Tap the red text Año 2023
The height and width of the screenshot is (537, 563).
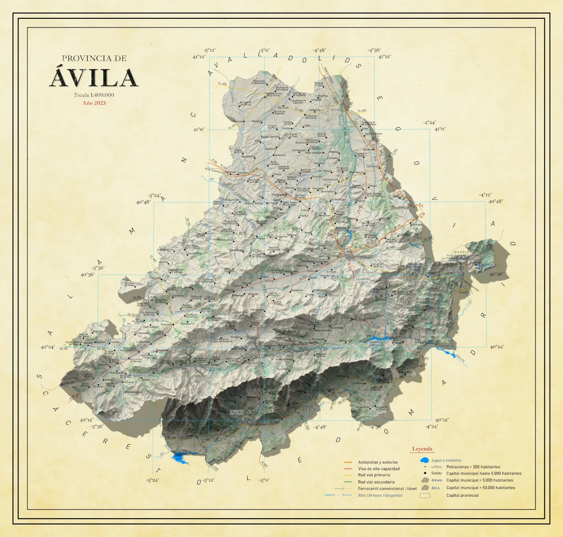pyautogui.click(x=94, y=103)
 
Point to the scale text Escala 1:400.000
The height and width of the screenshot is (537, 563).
pyautogui.click(x=94, y=95)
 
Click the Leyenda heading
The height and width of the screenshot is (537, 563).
pyautogui.click(x=422, y=449)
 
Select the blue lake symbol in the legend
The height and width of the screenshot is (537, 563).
pyautogui.click(x=424, y=460)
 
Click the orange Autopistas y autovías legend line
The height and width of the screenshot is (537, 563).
pyautogui.click(x=348, y=462)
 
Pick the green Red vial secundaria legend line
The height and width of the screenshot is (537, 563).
pyautogui.click(x=348, y=482)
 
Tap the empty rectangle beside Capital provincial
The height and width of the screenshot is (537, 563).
pyautogui.click(x=425, y=496)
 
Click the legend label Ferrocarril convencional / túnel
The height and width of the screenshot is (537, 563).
pyautogui.click(x=387, y=489)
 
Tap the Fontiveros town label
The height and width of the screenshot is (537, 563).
pyautogui.click(x=280, y=155)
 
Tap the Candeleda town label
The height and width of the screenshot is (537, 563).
pyautogui.click(x=191, y=436)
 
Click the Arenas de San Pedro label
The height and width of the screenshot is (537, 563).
pyautogui.click(x=237, y=412)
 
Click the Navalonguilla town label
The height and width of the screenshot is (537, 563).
pyautogui.click(x=134, y=392)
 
